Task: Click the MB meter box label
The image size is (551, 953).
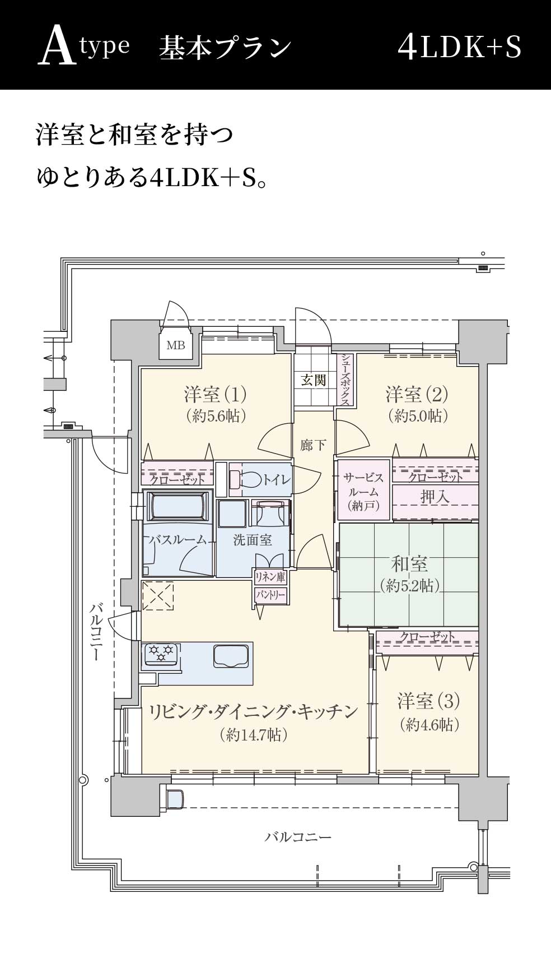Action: pos(176,345)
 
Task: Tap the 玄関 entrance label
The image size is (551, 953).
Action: pos(314,380)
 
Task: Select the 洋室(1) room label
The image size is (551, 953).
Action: pos(215,395)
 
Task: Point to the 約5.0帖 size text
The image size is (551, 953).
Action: pos(417,415)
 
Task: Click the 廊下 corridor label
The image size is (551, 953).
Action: pos(313,445)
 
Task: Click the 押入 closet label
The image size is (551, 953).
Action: pos(435,496)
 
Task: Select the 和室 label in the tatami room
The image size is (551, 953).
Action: pos(409,563)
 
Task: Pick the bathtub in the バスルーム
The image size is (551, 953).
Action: pos(177,506)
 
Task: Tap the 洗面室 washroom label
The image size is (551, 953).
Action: pos(253,540)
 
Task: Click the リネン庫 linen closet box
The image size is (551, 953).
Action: pos(270,577)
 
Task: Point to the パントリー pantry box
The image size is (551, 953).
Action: pos(270,595)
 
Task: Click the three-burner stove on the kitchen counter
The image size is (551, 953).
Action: pos(161,654)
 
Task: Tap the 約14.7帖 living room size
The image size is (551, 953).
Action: pos(254,735)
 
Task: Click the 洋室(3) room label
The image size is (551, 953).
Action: pos(428,701)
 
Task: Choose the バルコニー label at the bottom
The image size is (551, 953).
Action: pos(298,838)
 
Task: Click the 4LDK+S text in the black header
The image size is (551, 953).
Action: pos(459,47)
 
